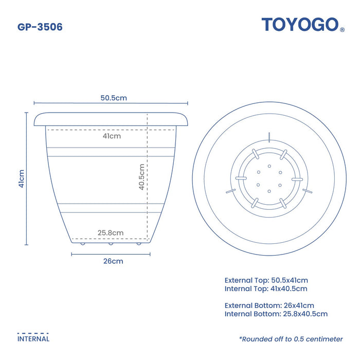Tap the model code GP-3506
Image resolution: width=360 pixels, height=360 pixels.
coord(40,27)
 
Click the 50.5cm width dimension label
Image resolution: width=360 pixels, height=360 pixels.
coord(114,98)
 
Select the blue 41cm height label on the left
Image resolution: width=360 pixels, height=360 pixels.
coord(22,178)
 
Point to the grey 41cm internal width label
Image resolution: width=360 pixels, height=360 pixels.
coord(112,136)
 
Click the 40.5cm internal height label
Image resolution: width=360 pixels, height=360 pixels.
coord(141,177)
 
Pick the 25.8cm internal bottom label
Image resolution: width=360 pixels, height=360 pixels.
coord(111,233)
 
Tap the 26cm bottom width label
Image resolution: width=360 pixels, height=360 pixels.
coord(113,261)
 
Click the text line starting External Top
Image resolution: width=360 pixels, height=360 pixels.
coord(266,280)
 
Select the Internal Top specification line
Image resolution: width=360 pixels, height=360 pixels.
coord(266,289)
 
